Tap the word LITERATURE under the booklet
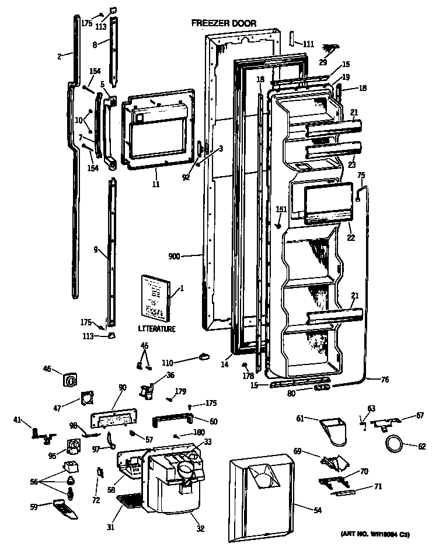point(156,329)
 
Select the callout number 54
point(318,511)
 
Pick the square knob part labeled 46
point(69,380)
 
